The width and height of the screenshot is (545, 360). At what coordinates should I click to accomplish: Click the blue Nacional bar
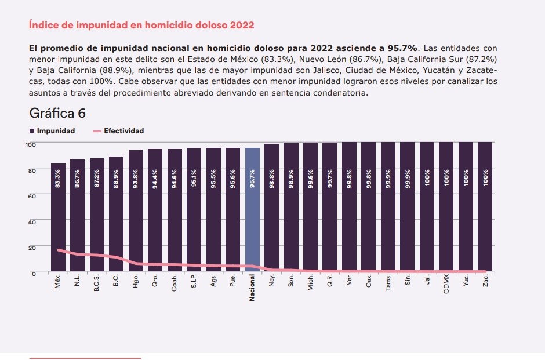click(x=252, y=209)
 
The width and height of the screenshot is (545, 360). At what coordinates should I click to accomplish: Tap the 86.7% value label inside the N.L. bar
click(x=77, y=178)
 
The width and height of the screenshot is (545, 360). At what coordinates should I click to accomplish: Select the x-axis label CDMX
click(x=446, y=285)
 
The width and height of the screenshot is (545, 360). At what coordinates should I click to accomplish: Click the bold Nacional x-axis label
click(x=252, y=288)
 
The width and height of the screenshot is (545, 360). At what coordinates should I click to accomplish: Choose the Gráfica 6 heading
click(x=57, y=113)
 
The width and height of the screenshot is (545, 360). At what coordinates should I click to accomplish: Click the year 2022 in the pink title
click(x=242, y=26)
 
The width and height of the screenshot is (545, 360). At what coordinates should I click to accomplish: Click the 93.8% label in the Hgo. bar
click(x=136, y=178)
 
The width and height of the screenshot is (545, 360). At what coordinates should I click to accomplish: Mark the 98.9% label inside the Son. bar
click(x=291, y=178)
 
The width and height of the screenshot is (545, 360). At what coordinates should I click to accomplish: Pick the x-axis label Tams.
click(x=388, y=283)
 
